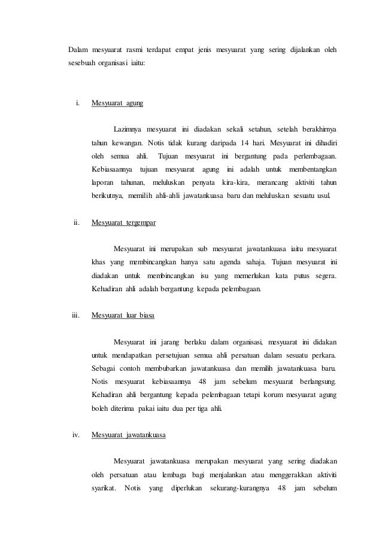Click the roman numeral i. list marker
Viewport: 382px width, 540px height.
pyautogui.click(x=78, y=103)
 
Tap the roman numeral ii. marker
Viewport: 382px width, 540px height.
pyautogui.click(x=77, y=223)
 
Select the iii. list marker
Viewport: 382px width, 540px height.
pyautogui.click(x=76, y=315)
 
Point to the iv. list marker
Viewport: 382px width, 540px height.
pyautogui.click(x=76, y=435)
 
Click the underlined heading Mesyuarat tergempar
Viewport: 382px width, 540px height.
pyautogui.click(x=123, y=223)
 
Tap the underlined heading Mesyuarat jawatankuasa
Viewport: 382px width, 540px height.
pyautogui.click(x=129, y=435)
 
